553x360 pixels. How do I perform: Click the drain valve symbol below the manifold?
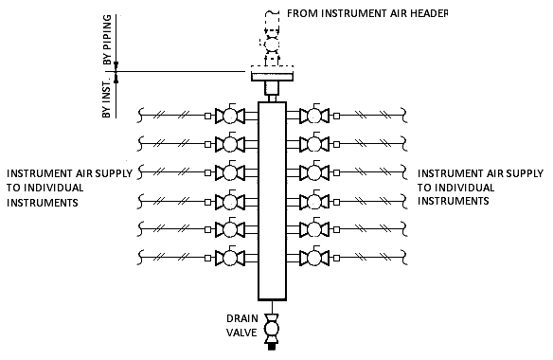point(272,328)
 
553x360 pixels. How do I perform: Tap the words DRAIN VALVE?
point(242,325)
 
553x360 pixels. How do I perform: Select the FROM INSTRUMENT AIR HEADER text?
point(367,13)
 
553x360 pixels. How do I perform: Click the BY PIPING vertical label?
point(107,40)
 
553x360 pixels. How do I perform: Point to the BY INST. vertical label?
point(107,98)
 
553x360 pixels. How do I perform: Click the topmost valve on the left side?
point(230,115)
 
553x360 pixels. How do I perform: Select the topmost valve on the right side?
point(313,115)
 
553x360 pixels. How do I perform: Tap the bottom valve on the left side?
point(230,258)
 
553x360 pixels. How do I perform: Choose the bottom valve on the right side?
point(313,258)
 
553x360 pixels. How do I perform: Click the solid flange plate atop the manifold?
point(272,76)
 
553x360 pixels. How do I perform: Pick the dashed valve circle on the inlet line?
point(272,45)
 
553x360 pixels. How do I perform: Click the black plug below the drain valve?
point(272,347)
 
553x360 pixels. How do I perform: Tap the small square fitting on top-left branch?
point(207,116)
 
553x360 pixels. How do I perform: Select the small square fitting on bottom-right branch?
point(337,258)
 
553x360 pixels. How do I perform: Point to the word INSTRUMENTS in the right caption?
point(454,201)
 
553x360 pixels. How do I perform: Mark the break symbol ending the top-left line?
point(140,115)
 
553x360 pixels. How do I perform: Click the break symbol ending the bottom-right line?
point(404,258)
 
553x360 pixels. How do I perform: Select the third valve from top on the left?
point(230,172)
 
